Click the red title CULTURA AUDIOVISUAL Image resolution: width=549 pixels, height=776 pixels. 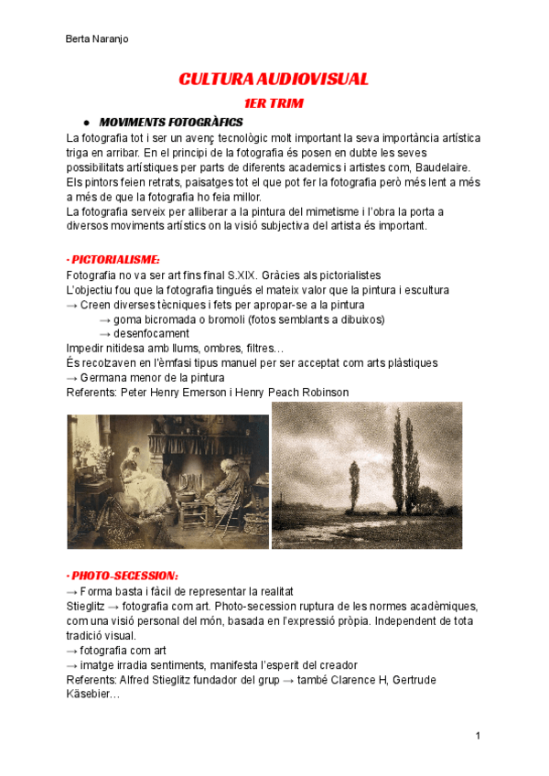[274, 80]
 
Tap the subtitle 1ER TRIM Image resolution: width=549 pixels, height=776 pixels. [274, 103]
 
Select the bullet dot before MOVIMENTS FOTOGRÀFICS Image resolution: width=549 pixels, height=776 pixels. [85, 122]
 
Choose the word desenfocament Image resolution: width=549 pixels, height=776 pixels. [151, 334]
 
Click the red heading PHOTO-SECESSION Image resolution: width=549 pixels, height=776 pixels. [123, 576]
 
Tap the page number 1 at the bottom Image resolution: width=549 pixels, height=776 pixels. [478, 736]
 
